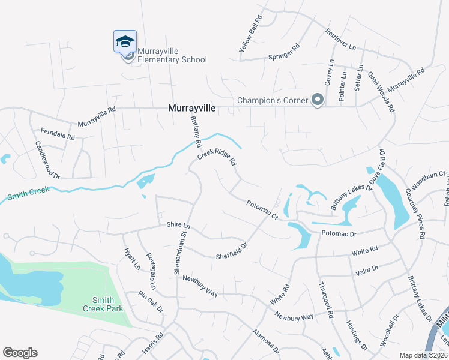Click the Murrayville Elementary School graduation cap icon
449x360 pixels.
point(125,41)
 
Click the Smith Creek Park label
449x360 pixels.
point(108,304)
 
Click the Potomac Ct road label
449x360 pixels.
point(262,210)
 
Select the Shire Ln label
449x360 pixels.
point(178,225)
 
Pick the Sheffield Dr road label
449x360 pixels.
point(232,250)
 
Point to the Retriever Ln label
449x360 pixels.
point(341,39)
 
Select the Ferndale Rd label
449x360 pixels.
point(58,133)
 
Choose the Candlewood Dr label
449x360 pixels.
point(48,160)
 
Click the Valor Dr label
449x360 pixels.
point(367,270)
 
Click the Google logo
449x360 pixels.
point(20,353)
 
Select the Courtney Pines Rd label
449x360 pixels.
point(415,205)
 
